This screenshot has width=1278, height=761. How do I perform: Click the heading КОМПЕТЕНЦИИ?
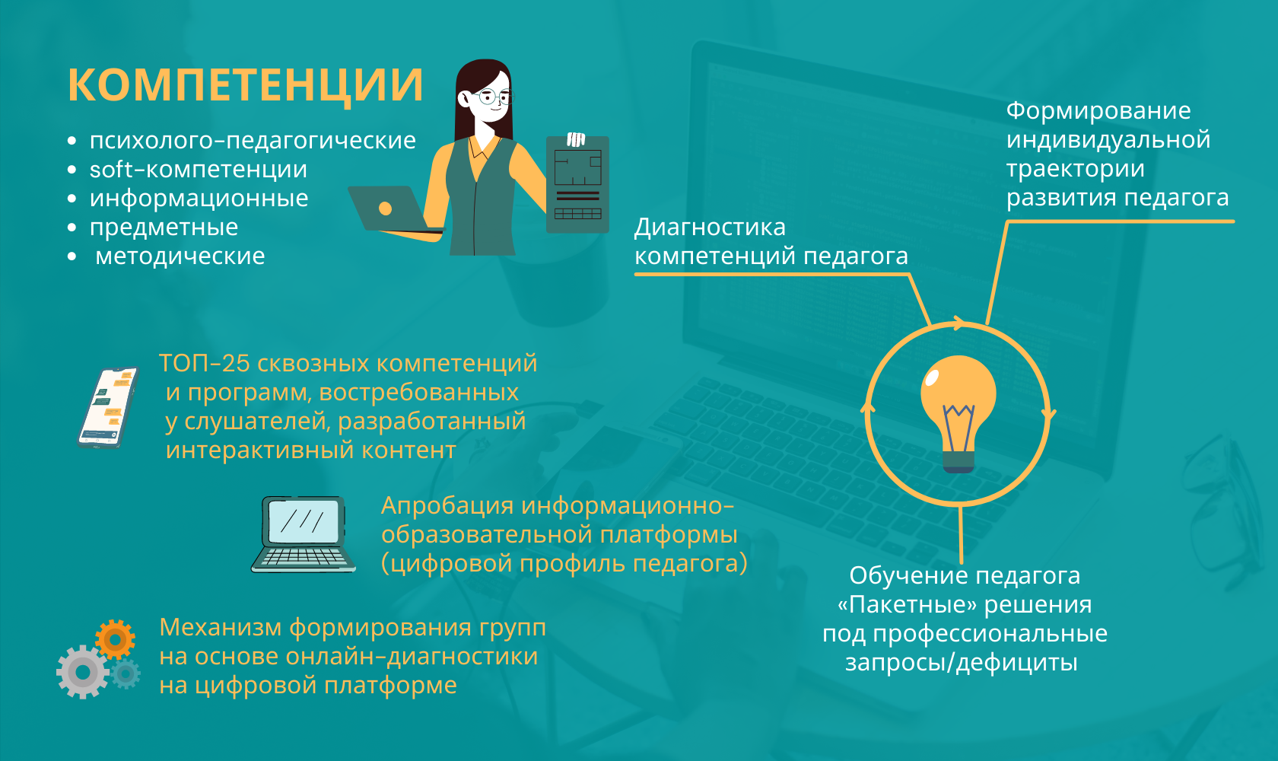[245, 84]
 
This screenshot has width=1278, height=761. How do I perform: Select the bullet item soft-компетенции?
[198, 169]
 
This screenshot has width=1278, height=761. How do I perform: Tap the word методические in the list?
[180, 256]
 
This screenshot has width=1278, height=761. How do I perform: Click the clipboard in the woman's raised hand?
[577, 184]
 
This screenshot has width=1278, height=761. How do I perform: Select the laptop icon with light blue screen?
[304, 534]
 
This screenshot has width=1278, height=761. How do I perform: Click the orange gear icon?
[116, 639]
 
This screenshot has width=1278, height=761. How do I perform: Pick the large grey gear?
[83, 672]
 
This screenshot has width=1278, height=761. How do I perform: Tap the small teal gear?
[126, 674]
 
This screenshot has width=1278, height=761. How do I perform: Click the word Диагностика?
[710, 228]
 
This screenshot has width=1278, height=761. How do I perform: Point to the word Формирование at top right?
[1098, 110]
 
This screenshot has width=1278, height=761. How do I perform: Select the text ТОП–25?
[204, 363]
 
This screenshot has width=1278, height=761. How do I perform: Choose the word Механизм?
[221, 627]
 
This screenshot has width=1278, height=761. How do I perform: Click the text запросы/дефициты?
[962, 663]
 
